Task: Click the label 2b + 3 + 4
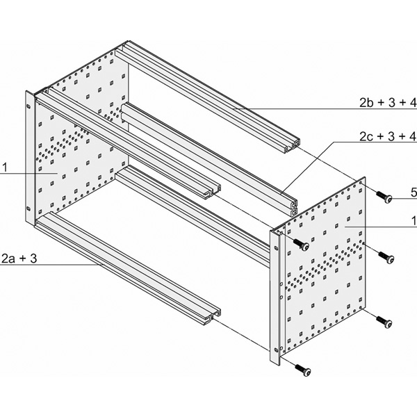tap(388, 103)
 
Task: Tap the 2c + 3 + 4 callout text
tap(388, 136)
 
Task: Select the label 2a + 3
tap(19, 259)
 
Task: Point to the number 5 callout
tap(414, 193)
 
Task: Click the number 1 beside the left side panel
tap(5, 167)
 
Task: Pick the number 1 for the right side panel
tap(414, 221)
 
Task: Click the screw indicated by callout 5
tap(384, 197)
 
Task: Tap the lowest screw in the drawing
tap(303, 370)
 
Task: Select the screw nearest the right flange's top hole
tap(301, 245)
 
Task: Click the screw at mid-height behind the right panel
tap(386, 257)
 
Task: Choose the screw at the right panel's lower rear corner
tap(384, 322)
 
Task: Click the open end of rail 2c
tap(289, 206)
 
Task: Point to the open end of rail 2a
tap(212, 317)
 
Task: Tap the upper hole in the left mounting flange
tap(28, 106)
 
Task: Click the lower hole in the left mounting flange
tap(28, 208)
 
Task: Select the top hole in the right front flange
tap(276, 248)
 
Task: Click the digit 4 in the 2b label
tap(413, 103)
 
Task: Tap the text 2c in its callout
tap(366, 136)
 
